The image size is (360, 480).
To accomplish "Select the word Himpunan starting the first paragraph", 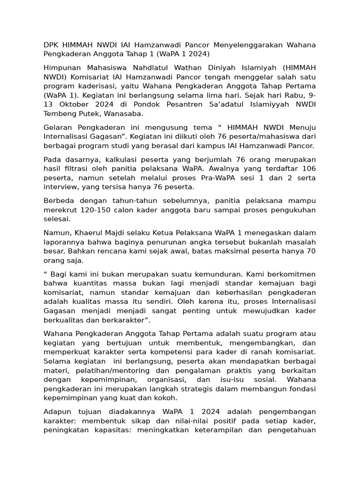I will [62, 68].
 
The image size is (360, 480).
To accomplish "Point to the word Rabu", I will [294, 95].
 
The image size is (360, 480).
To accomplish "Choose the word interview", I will [60, 187].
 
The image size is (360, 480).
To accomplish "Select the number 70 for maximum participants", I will [311, 251].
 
